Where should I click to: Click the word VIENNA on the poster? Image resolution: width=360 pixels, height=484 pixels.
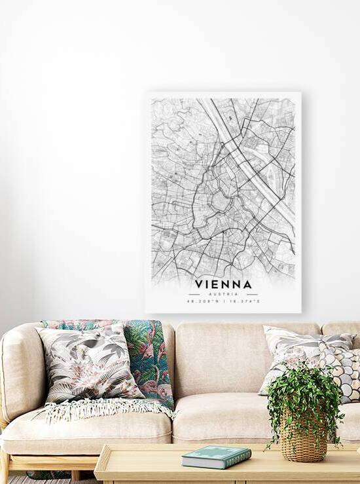click(223, 284)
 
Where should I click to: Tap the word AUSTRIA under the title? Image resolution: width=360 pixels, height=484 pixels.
click(223, 294)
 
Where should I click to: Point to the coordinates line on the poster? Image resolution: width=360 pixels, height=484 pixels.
click(223, 301)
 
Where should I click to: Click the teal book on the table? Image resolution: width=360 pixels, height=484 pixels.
click(216, 456)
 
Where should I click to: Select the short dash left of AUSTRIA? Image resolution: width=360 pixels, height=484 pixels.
click(194, 294)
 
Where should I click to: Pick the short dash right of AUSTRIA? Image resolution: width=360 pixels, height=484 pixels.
click(252, 294)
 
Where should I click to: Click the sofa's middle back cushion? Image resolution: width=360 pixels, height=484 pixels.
click(219, 357)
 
